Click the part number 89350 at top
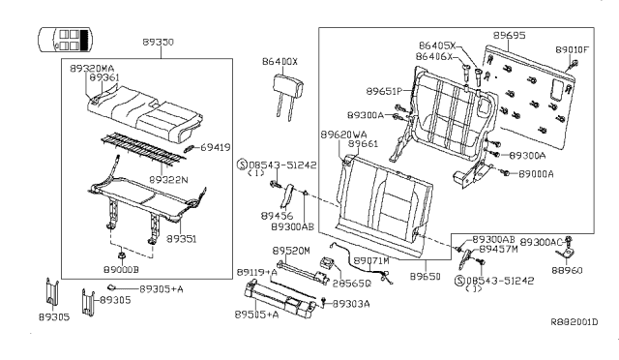(160, 44)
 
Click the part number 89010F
(573, 48)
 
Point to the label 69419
(216, 148)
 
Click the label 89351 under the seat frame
(181, 236)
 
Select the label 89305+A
(162, 288)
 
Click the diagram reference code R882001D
(574, 322)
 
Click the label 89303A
(352, 303)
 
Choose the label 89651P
(384, 90)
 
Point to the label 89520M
(290, 250)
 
